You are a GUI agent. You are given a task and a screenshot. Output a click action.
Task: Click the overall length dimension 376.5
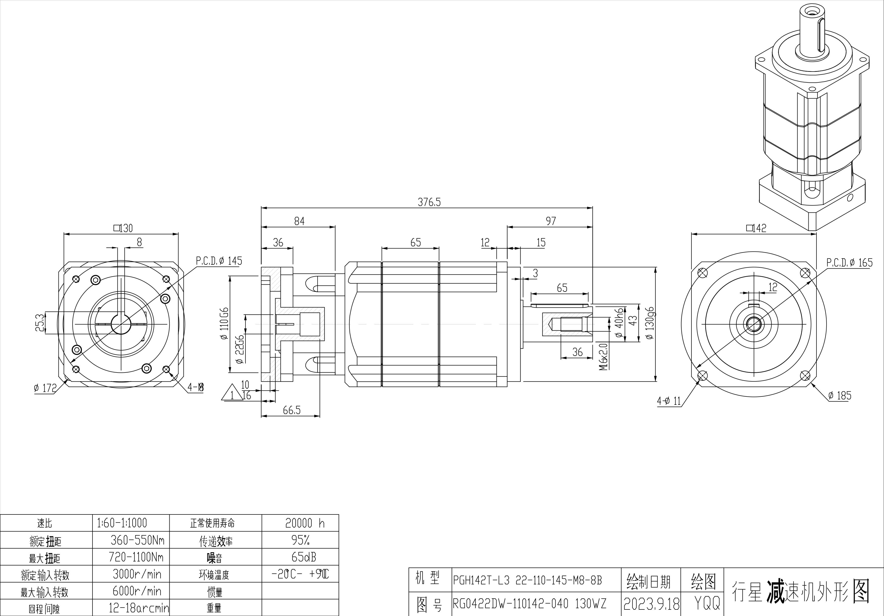click(x=429, y=202)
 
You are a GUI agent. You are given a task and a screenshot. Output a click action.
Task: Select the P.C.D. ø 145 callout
click(x=219, y=261)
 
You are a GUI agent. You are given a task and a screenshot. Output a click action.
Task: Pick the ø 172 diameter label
click(x=45, y=388)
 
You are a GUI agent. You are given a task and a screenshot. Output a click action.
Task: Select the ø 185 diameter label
click(x=839, y=395)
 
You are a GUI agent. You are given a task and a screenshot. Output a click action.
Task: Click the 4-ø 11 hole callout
click(x=669, y=401)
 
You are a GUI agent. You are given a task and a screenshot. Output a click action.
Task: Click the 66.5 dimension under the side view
click(x=291, y=410)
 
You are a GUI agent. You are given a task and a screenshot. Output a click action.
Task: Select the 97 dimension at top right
click(x=551, y=221)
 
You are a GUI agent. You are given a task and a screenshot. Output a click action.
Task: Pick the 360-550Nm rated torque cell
click(x=137, y=541)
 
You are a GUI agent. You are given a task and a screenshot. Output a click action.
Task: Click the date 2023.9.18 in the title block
click(x=651, y=604)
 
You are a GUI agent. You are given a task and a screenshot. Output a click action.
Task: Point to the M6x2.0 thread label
click(x=603, y=356)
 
